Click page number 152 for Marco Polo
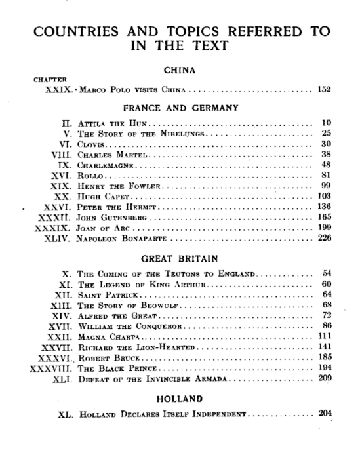[x=323, y=90]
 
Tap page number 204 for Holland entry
[x=323, y=415]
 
